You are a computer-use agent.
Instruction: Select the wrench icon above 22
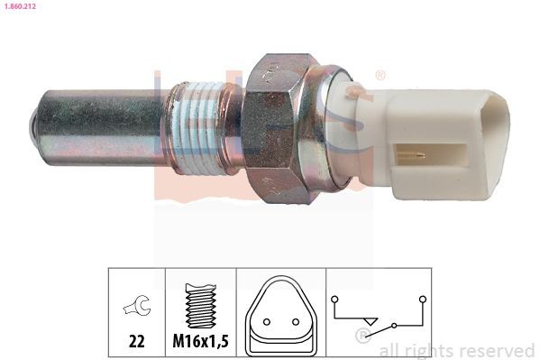[136, 308]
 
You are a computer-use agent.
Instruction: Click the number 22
[136, 342]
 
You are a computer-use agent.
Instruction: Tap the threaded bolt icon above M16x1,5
[200, 307]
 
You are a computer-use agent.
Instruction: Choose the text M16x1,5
[200, 342]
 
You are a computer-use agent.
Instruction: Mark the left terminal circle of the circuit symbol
[334, 297]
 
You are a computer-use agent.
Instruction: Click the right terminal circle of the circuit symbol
[422, 297]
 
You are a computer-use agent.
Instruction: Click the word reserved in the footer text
[498, 350]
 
